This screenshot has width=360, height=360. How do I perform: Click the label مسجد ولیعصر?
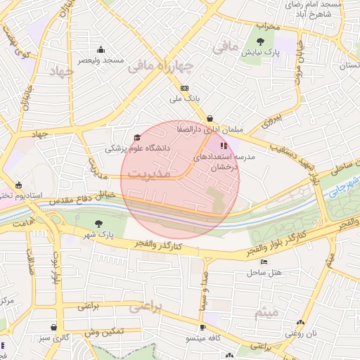pyautogui.click(x=103, y=60)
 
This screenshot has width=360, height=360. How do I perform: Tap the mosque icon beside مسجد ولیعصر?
pyautogui.click(x=101, y=49)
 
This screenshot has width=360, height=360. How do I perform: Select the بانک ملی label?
pyautogui.click(x=184, y=99)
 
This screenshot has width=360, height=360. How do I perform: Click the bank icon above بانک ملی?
pyautogui.click(x=184, y=88)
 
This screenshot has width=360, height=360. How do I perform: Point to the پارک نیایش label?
pyautogui.click(x=266, y=53)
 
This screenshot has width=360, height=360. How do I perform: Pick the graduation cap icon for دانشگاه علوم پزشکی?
pyautogui.click(x=136, y=137)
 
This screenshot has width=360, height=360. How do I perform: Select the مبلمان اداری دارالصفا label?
pyautogui.click(x=211, y=130)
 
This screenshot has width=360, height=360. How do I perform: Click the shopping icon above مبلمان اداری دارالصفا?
pyautogui.click(x=211, y=119)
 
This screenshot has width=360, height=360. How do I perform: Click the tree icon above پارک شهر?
pyautogui.click(x=98, y=223)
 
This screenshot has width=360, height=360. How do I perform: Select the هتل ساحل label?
pyautogui.click(x=264, y=271)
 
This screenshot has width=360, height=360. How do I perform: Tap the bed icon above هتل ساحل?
pyautogui.click(x=264, y=262)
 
